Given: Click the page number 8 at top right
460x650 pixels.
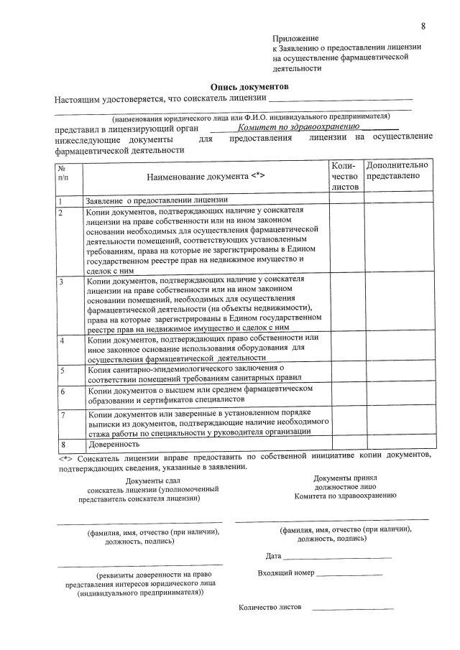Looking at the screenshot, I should coord(423,27).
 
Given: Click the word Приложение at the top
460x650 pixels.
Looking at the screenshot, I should coord(295,37).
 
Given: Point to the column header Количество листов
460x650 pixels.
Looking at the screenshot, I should coord(346,176).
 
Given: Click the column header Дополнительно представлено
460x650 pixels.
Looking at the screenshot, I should coord(398,170).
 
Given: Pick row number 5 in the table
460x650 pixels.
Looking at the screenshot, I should coord(63,371).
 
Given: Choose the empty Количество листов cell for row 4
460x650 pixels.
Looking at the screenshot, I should coord(346,348).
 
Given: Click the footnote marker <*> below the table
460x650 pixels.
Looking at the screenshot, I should coord(65,456).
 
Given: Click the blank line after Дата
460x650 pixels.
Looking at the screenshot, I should coord(337,557).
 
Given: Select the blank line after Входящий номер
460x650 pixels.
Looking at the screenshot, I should coord(349,575).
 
